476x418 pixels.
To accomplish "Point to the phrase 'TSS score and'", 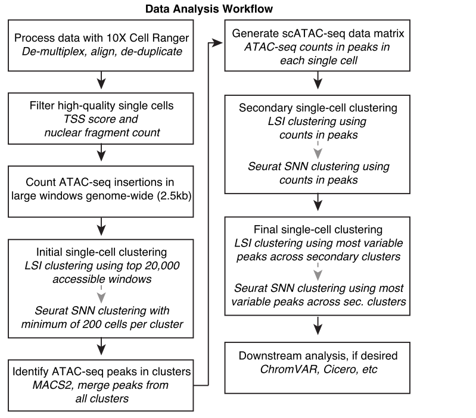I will [x=102, y=120].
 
